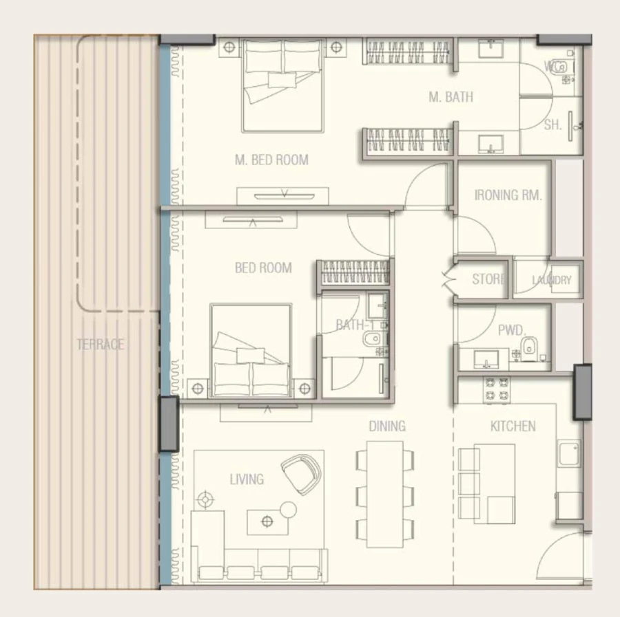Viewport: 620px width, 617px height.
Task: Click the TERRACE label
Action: point(100,344)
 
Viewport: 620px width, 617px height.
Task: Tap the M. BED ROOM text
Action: point(271,160)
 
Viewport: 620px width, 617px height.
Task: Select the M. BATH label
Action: point(451,97)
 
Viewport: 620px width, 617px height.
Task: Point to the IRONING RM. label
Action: point(508,195)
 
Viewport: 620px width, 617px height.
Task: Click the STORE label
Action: point(488,279)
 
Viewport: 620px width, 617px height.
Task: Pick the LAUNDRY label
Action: point(551,280)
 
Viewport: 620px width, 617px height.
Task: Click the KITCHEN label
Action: point(513,426)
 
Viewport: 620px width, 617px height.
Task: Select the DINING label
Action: point(386,426)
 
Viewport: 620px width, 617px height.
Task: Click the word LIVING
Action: point(247,479)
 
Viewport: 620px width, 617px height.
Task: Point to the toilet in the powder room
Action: point(529,348)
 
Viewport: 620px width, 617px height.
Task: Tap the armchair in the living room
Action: point(301,474)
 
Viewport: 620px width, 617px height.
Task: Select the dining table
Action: point(385,494)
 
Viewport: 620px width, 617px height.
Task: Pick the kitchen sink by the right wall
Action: point(568,455)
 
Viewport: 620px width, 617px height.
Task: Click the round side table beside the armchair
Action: point(288,510)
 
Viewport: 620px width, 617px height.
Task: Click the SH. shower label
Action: point(552,125)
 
